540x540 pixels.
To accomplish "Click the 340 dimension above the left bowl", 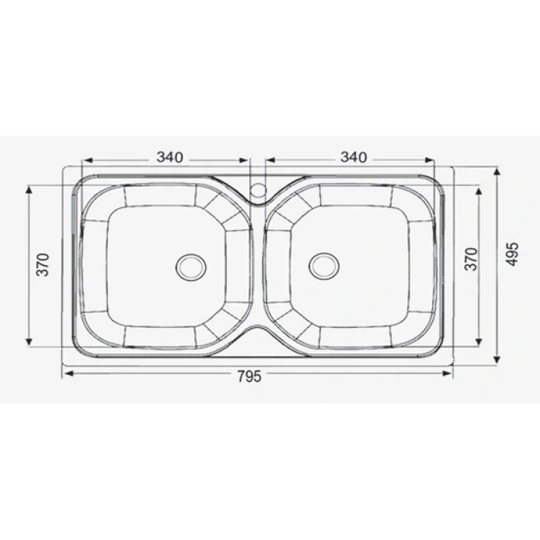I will [x=170, y=157].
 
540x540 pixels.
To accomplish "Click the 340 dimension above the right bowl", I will [x=353, y=157].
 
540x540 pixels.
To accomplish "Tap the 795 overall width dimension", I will [x=248, y=376].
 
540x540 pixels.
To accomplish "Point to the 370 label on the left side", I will [x=44, y=265].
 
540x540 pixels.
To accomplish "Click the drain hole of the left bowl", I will [x=191, y=266].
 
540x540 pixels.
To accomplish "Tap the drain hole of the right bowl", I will [x=324, y=265].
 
